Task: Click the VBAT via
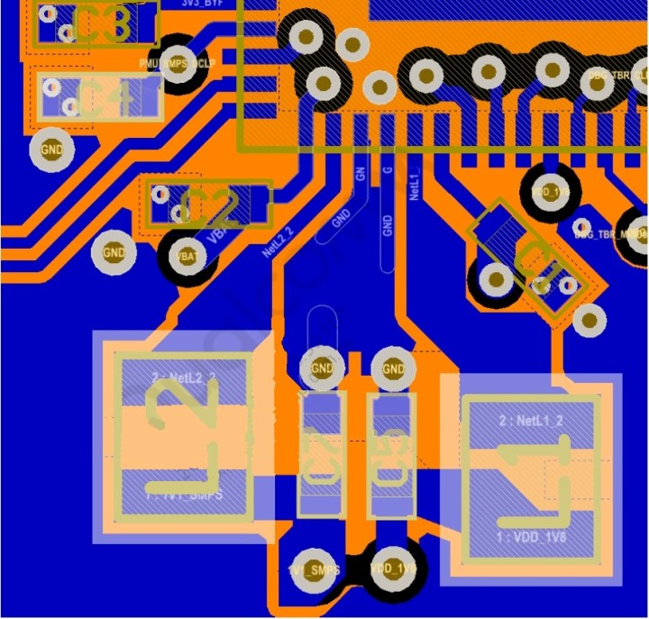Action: click(x=187, y=257)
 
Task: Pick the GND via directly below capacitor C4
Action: click(x=52, y=149)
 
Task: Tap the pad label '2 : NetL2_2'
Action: click(x=185, y=377)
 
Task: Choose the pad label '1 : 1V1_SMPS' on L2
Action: click(x=185, y=495)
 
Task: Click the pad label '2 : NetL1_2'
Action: click(x=531, y=420)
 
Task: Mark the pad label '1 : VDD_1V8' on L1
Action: click(x=531, y=536)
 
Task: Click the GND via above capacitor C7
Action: click(x=322, y=368)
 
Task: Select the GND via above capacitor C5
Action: click(x=393, y=368)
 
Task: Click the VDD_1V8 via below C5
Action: click(x=393, y=569)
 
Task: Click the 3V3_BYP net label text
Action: click(x=202, y=4)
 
